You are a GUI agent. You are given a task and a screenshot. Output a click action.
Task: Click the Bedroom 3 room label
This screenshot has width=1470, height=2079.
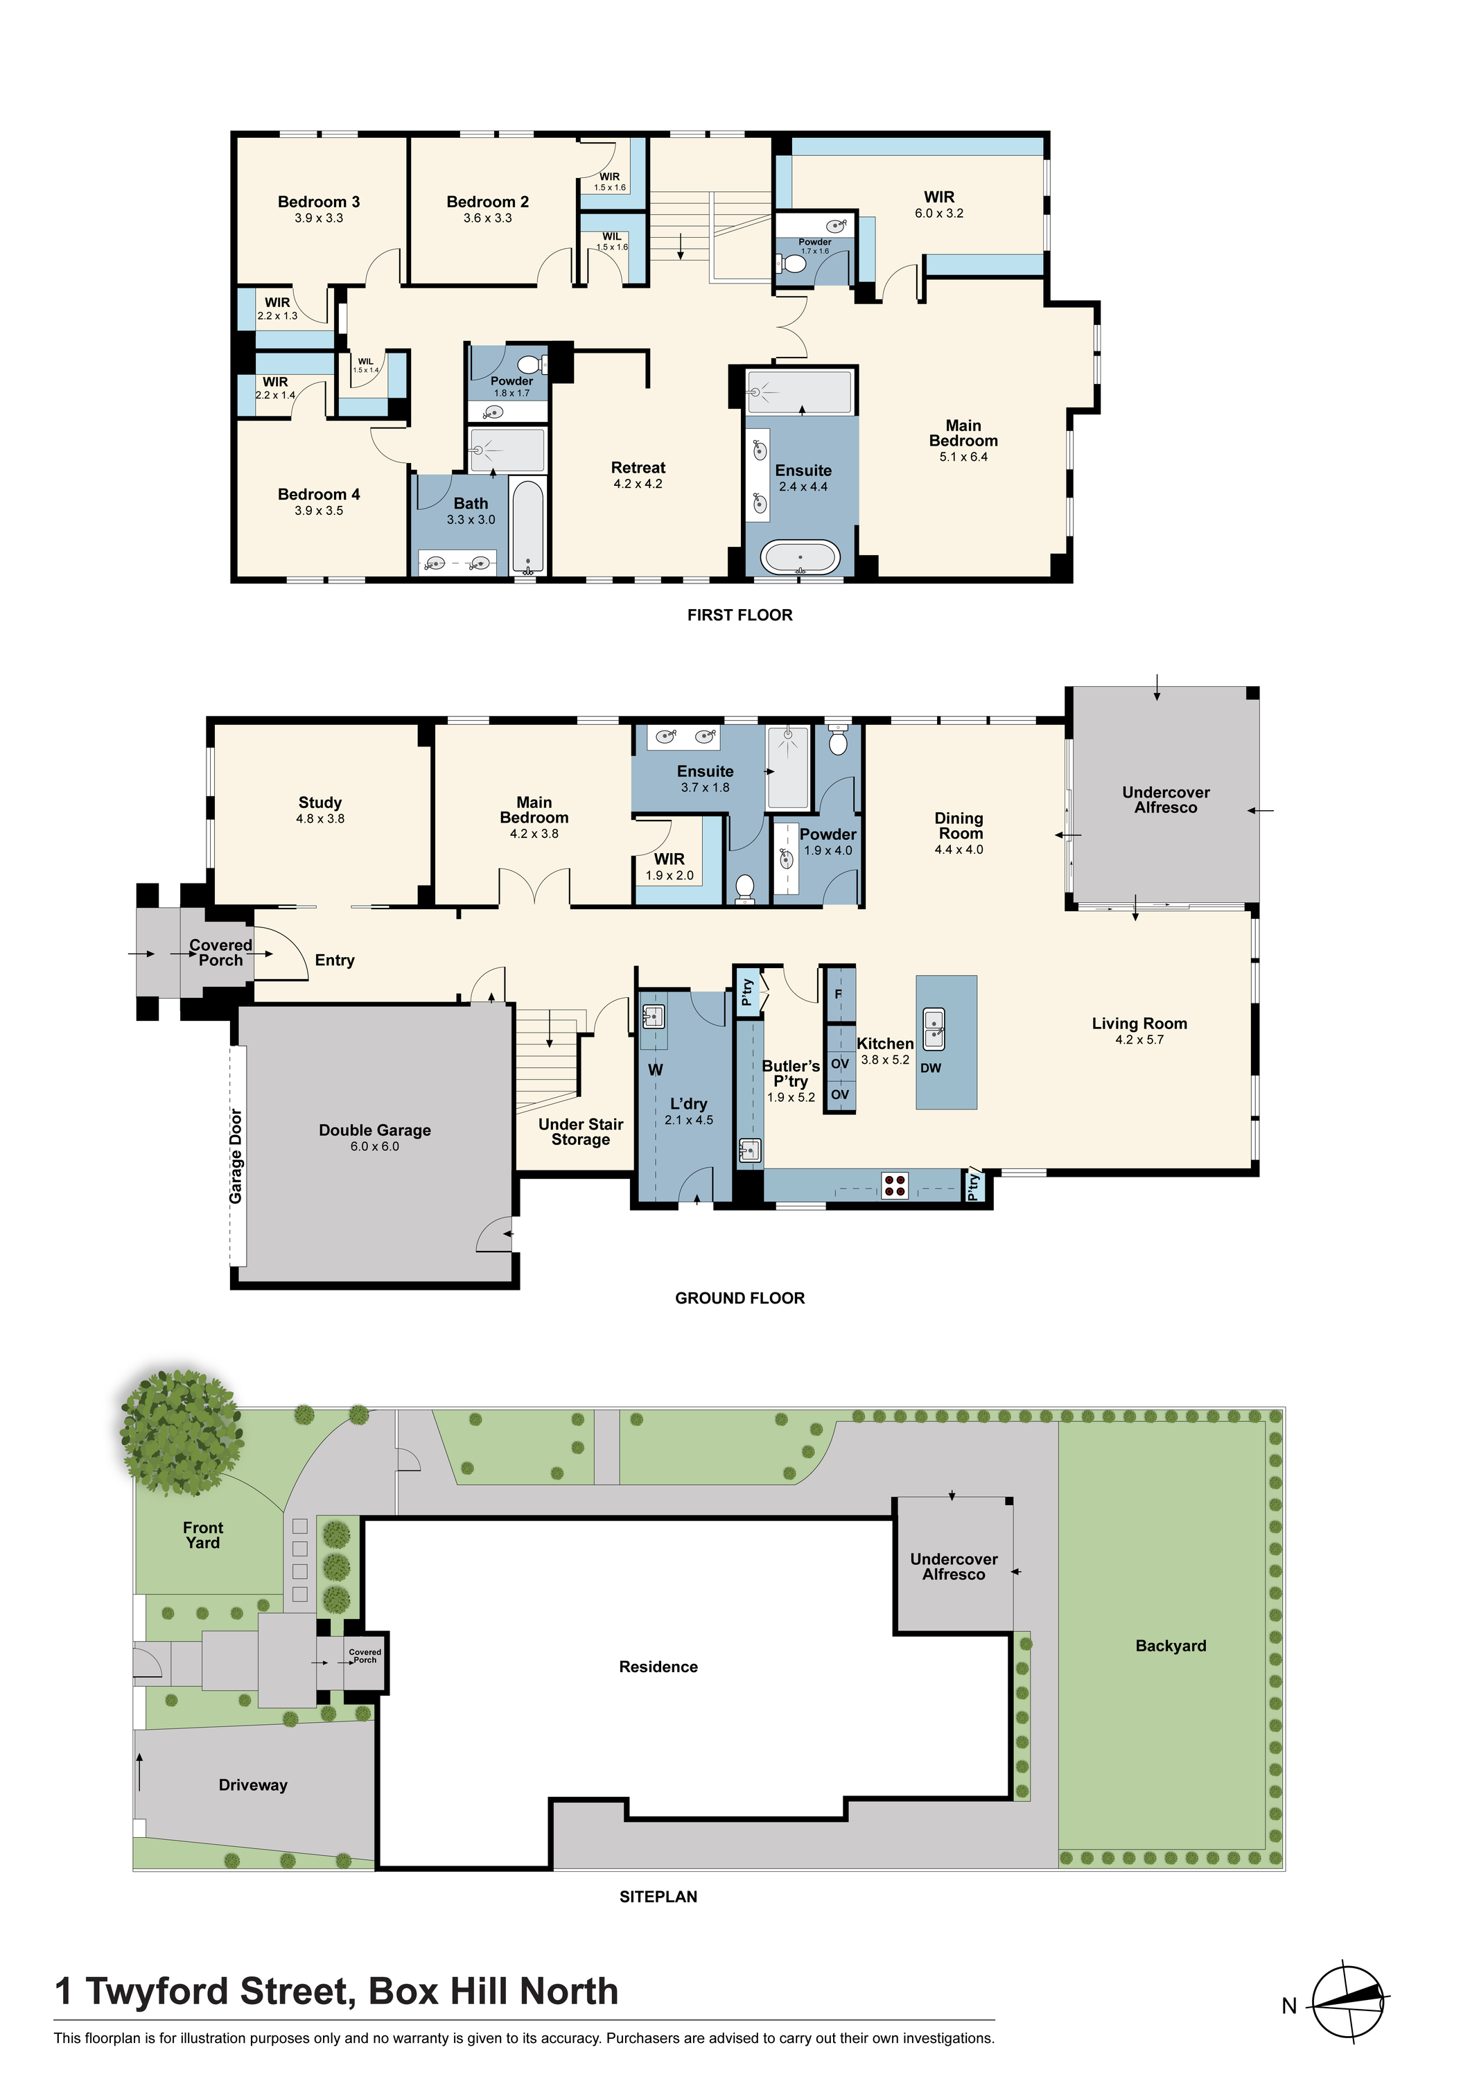click(x=318, y=202)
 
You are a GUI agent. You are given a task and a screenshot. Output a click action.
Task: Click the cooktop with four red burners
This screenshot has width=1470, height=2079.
click(x=895, y=1185)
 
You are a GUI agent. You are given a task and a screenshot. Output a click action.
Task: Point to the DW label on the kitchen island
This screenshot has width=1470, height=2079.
click(x=930, y=1069)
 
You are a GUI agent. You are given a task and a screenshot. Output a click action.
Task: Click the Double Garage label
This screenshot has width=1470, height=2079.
click(x=374, y=1130)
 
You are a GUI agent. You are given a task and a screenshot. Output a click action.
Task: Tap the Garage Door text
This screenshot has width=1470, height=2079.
click(x=236, y=1157)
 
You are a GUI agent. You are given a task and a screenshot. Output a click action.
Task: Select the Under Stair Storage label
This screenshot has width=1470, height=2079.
click(x=581, y=1132)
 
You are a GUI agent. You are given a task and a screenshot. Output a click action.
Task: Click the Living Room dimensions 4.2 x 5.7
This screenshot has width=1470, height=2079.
click(x=1139, y=1040)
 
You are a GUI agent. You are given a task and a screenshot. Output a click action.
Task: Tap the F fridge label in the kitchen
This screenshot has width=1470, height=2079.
click(x=838, y=994)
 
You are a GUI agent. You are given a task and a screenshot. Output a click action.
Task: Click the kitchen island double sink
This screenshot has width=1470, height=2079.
click(x=934, y=1030)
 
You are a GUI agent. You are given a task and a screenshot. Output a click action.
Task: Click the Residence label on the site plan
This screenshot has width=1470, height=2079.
click(x=658, y=1667)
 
